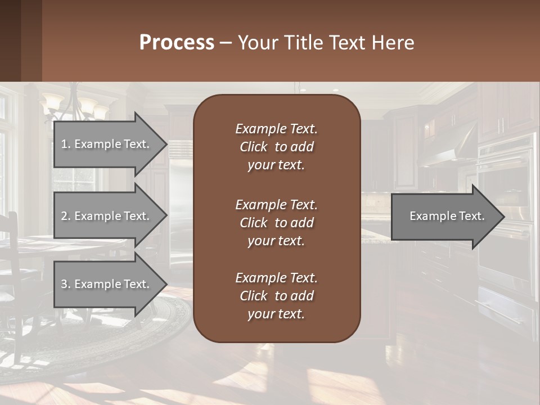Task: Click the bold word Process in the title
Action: click(177, 43)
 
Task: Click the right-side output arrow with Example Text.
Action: click(444, 216)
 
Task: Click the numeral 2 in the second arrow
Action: click(64, 216)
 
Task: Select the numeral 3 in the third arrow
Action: click(64, 284)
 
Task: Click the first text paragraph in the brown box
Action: click(276, 147)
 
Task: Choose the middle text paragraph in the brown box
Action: click(276, 223)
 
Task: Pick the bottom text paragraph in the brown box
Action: click(276, 296)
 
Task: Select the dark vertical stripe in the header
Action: click(31, 40)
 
